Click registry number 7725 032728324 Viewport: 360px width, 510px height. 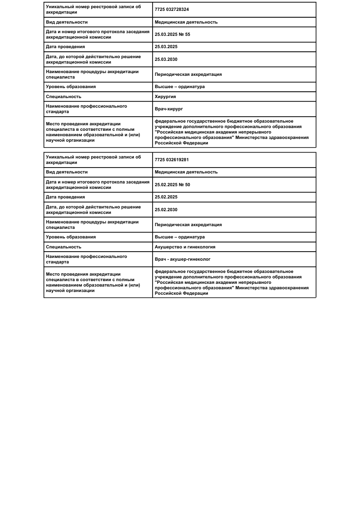pos(172,10)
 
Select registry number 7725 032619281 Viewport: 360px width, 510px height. pos(172,160)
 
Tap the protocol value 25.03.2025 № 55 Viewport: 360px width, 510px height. pos(172,35)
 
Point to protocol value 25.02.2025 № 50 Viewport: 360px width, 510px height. pos(172,185)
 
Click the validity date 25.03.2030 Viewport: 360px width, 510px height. pos(166,59)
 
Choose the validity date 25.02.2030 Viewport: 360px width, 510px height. pos(166,210)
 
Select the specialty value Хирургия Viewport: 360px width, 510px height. pos(165,97)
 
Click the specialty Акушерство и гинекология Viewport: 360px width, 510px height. pos(185,247)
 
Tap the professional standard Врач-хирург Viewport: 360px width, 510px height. pos(168,109)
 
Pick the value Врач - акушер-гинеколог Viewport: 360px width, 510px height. pos(182,259)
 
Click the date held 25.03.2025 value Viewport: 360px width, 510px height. pos(166,47)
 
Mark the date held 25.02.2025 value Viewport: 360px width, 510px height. pos(166,197)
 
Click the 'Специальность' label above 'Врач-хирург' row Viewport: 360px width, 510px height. pos(64,97)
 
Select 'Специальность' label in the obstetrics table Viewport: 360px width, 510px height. pos(64,247)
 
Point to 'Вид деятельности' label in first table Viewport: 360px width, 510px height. pos(67,22)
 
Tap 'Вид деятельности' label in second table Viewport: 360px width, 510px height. pos(67,172)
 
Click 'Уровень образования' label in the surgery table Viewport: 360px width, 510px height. pos(71,87)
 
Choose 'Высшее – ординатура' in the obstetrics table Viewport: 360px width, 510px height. pos(179,237)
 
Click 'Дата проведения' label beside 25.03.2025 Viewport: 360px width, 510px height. pos(65,47)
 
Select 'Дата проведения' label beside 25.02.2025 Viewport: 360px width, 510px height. pos(65,197)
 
